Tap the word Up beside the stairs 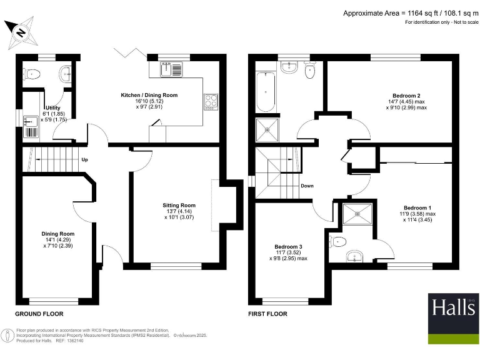(x=84, y=159)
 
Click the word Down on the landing (x=307, y=186)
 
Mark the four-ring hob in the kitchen (x=211, y=101)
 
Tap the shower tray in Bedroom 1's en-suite (x=357, y=213)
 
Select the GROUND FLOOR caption (x=39, y=314)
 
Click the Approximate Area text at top (x=410, y=13)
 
